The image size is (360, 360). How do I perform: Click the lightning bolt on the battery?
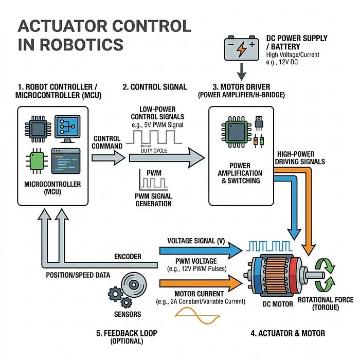pyautogui.click(x=242, y=49)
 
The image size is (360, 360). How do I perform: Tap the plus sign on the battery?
pyautogui.click(x=252, y=44)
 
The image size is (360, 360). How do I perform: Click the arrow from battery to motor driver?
pyautogui.click(x=242, y=71)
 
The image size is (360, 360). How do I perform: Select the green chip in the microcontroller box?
pyautogui.click(x=37, y=161)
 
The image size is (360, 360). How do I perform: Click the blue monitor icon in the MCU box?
pyautogui.click(x=67, y=129)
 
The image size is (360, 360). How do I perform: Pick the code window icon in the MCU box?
pyautogui.click(x=66, y=161)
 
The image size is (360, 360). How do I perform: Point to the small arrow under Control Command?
pyautogui.click(x=109, y=158)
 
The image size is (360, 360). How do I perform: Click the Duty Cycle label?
pyautogui.click(x=154, y=151)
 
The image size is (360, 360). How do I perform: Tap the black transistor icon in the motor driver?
pyautogui.click(x=259, y=123)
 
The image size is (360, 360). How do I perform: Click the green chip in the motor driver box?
pyautogui.click(x=237, y=132)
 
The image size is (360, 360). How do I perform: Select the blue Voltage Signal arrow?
pyautogui.click(x=201, y=250)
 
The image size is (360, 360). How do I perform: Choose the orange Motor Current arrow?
pyautogui.click(x=201, y=283)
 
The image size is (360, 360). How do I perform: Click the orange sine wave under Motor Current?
pyautogui.click(x=197, y=316)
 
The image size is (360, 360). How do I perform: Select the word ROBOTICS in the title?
pyautogui.click(x=82, y=45)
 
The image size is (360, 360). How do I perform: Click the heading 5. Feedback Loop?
pyautogui.click(x=127, y=333)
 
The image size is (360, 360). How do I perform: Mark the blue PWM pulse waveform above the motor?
pyautogui.click(x=269, y=246)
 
